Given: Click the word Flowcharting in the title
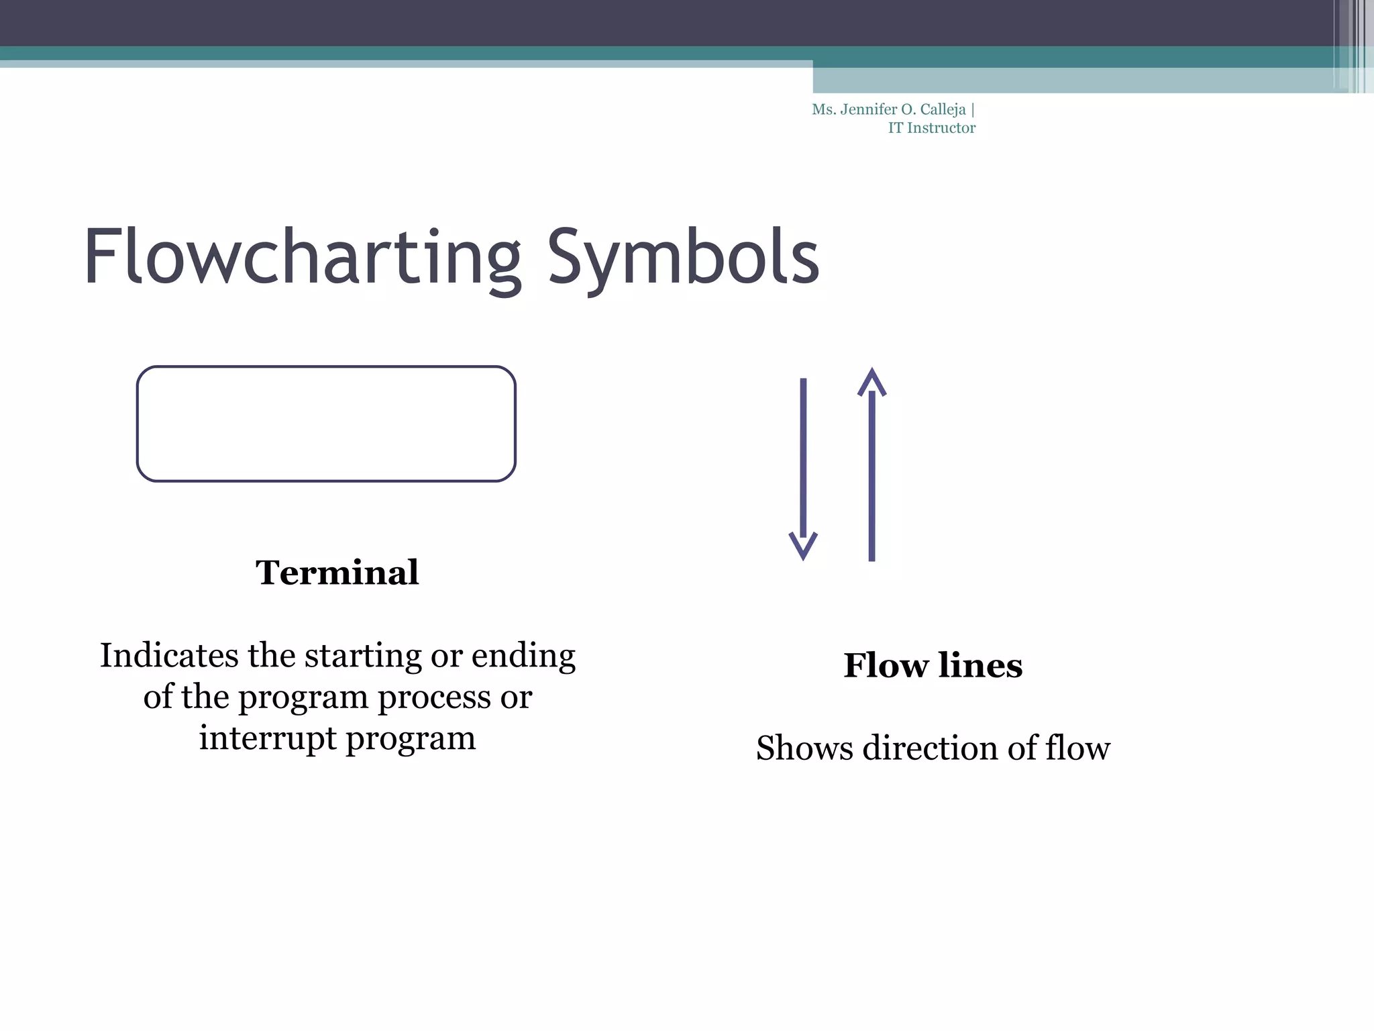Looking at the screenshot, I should coord(302,258).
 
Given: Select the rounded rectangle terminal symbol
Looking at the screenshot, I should coord(326,424).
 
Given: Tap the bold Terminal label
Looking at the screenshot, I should coord(337,573).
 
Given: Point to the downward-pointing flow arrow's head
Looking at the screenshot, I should coord(803,545).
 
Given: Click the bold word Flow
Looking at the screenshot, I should coord(886,665).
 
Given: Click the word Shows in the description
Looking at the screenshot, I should coord(804,748).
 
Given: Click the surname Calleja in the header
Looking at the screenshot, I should coord(943,109).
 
